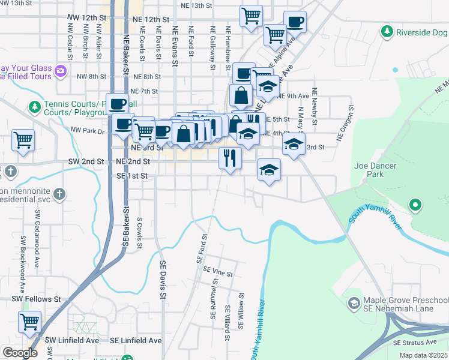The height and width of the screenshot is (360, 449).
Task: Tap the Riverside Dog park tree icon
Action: point(387,31)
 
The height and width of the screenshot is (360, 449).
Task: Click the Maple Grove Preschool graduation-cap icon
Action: point(354,304)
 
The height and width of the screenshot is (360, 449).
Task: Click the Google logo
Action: point(20,353)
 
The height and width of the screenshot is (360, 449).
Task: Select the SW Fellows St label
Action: point(36,298)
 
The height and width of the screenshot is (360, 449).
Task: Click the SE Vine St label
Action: point(218,272)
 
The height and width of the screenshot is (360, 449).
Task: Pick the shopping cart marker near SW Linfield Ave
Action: point(29,322)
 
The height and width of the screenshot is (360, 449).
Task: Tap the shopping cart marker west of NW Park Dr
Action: point(23,140)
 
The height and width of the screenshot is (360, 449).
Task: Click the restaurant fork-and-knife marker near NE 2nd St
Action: point(230,158)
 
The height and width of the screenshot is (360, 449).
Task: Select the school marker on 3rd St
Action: point(294,144)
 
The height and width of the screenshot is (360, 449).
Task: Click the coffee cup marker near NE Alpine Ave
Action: point(295,22)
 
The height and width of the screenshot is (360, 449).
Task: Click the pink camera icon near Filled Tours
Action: point(60,71)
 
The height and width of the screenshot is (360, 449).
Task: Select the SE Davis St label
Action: point(162,279)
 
